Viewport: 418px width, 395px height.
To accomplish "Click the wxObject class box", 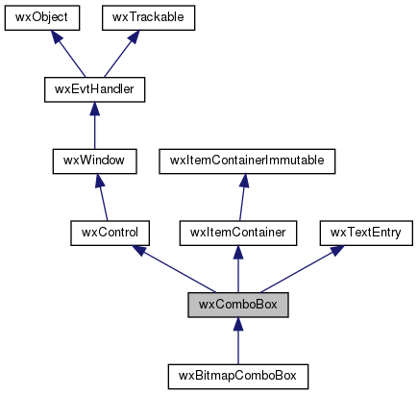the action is (42, 18).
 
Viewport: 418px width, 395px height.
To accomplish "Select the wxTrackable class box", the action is (148, 18).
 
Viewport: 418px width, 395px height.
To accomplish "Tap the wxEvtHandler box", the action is (94, 89).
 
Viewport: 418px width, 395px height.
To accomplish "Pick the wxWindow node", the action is (94, 161).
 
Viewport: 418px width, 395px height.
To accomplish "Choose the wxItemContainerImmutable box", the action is (247, 161).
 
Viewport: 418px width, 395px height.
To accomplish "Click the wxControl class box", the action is (110, 234).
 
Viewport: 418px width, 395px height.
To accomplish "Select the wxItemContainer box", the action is (238, 234).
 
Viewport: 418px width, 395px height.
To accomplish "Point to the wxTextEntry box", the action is (366, 234).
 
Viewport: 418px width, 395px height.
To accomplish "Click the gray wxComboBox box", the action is (238, 305).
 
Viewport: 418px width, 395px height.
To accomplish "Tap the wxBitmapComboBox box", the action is (238, 377).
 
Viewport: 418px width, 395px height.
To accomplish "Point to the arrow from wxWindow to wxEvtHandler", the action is (94, 126).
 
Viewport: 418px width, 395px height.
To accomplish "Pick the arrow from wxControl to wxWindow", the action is (102, 197).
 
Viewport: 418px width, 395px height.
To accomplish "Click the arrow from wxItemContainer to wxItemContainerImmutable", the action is (242, 197).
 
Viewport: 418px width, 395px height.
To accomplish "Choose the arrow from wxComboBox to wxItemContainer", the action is (238, 269).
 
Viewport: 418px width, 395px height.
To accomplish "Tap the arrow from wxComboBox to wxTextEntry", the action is (303, 269).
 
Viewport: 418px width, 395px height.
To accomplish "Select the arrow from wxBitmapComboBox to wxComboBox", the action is (238, 341).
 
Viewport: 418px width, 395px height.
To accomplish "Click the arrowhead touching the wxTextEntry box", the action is (337, 250).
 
